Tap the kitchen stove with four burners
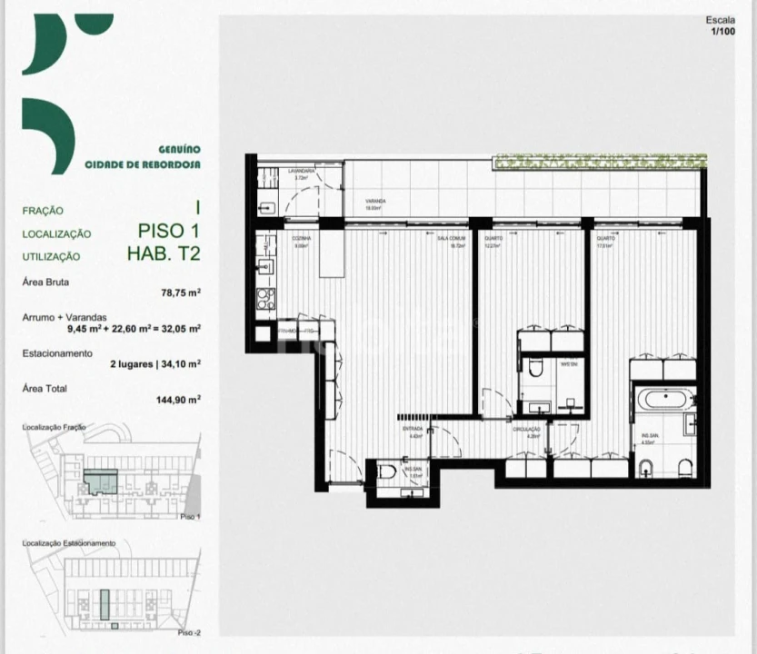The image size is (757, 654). tap(265, 299)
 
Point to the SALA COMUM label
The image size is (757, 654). tap(451, 242)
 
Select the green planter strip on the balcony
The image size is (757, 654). tap(599, 162)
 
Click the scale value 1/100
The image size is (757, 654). tap(722, 32)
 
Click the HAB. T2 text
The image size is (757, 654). tap(164, 254)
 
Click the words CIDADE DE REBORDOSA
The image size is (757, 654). tap(144, 165)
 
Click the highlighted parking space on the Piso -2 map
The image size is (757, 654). tap(104, 602)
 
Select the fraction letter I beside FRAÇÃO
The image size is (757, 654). tap(195, 208)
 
